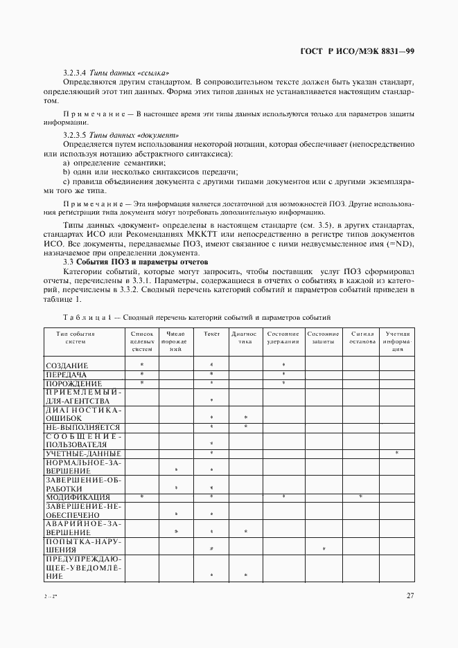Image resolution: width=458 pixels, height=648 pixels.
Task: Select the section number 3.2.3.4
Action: click(73, 72)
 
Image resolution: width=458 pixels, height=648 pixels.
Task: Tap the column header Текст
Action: click(211, 334)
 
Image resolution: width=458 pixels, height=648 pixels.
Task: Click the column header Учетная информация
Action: click(398, 341)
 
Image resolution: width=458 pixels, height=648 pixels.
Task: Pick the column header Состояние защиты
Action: click(323, 337)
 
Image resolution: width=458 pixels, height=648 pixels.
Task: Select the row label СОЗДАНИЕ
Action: click(67, 365)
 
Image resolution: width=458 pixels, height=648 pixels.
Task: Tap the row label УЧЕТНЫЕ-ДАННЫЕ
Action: click(79, 453)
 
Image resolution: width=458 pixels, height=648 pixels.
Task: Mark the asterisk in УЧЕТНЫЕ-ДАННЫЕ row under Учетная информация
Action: click(397, 453)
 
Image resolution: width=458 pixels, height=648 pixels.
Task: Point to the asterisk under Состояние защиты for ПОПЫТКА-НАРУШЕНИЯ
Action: click(324, 550)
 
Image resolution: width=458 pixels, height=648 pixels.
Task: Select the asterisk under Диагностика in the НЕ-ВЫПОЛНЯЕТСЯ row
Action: click(246, 427)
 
